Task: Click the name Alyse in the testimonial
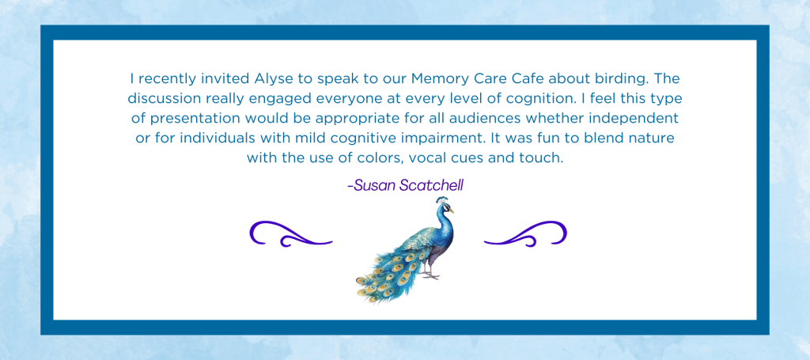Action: pos(271,80)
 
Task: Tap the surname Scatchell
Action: pos(432,185)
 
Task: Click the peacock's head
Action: pos(442,206)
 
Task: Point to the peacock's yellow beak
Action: pos(451,210)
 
